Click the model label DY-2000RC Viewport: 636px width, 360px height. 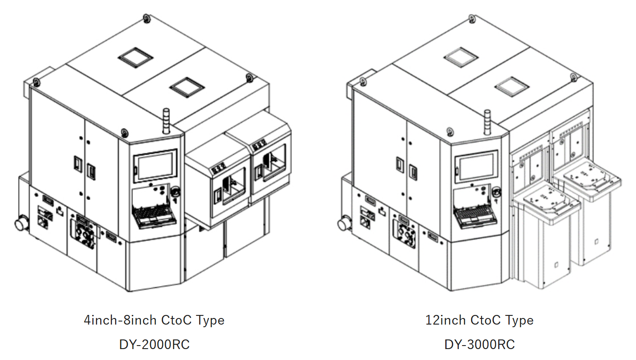click(154, 344)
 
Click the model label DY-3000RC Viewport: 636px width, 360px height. click(479, 344)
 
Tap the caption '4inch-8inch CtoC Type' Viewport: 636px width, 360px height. click(154, 320)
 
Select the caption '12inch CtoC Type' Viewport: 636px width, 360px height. click(479, 320)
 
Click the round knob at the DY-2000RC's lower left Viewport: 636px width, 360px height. click(20, 224)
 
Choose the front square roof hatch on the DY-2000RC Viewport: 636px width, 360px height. click(187, 87)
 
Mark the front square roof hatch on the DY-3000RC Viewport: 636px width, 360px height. click(510, 87)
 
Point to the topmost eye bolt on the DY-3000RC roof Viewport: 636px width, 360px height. click(472, 18)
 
